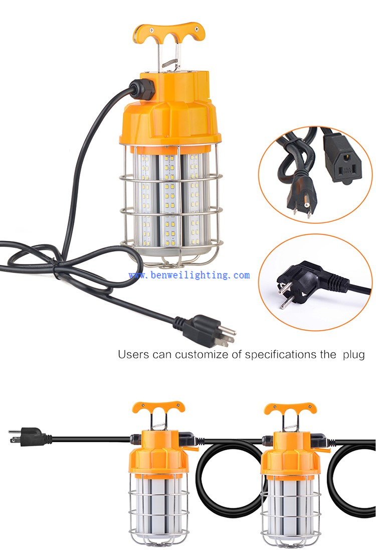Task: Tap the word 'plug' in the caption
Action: point(353,355)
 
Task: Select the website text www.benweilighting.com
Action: point(189,275)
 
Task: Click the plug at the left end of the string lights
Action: point(28,437)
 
